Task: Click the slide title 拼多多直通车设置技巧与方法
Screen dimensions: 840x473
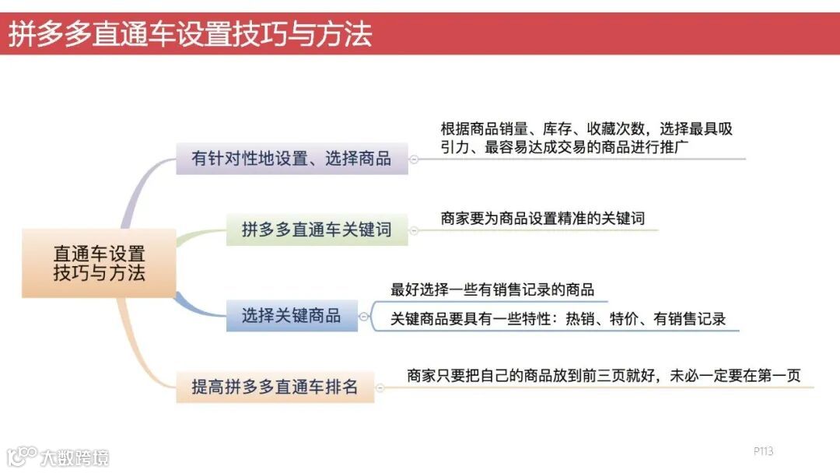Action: click(191, 34)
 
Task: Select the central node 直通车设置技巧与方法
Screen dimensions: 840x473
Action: click(99, 263)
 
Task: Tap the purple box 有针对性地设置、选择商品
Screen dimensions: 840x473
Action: click(292, 159)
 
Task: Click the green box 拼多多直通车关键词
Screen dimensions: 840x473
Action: click(317, 230)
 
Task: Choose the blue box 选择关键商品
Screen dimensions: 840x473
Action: click(292, 316)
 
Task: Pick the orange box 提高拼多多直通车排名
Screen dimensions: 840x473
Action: click(275, 387)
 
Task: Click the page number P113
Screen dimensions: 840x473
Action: click(763, 451)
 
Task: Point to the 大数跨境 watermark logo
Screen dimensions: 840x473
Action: click(58, 456)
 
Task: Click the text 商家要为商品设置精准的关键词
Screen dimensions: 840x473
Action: click(543, 219)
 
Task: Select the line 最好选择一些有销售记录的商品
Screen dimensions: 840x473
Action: click(492, 289)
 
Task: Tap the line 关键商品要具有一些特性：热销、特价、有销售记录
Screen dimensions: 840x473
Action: click(558, 318)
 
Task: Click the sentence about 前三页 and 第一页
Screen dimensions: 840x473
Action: click(604, 376)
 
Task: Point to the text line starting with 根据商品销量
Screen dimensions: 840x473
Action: click(587, 128)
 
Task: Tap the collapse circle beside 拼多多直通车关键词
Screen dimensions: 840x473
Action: click(413, 230)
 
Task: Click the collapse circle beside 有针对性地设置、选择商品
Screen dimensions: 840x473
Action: click(413, 159)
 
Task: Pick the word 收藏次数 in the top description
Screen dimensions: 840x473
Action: click(617, 128)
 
